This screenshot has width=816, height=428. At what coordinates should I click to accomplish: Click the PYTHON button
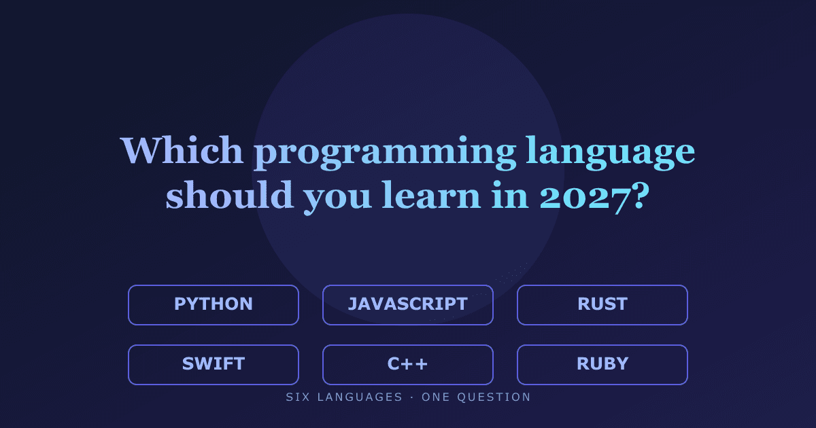[x=214, y=305]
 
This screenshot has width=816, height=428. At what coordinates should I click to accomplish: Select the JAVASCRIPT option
[x=408, y=305]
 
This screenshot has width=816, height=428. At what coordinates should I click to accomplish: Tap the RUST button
[x=602, y=305]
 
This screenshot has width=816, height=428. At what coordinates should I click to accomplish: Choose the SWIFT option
[x=214, y=365]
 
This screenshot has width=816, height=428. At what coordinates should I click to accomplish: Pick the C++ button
[x=408, y=365]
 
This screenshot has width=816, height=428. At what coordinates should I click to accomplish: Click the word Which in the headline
[x=182, y=150]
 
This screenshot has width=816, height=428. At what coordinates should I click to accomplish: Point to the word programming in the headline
[x=385, y=154]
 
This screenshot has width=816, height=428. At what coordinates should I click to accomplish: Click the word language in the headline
[x=611, y=154]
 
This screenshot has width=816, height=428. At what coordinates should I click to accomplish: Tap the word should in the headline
[x=230, y=195]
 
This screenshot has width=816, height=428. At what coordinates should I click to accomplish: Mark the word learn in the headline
[x=431, y=195]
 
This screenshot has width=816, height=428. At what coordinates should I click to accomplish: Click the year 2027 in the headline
[x=585, y=198]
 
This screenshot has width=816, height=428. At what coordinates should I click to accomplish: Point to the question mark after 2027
[x=641, y=196]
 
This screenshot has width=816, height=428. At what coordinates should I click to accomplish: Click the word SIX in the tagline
[x=298, y=397]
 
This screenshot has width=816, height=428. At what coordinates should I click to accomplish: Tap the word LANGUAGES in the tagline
[x=360, y=397]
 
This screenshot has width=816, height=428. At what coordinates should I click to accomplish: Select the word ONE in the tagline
[x=436, y=397]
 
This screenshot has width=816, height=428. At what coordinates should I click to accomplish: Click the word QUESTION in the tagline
[x=494, y=397]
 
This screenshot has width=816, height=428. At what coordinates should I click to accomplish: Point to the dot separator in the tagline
[x=412, y=397]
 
